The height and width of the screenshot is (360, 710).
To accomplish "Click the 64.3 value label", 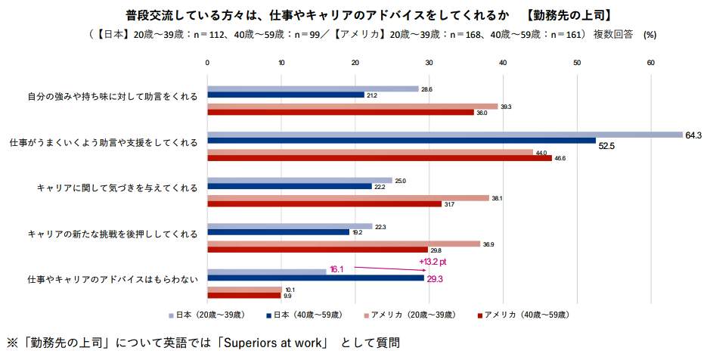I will [693, 135].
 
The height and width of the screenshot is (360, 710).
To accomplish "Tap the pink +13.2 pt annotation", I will [433, 261].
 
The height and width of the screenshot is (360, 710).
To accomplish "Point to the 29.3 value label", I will [436, 279].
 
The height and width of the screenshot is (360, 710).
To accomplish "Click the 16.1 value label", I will [337, 268].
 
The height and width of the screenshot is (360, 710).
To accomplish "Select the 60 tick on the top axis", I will [650, 64].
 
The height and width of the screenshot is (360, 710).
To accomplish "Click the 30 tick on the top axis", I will [429, 64].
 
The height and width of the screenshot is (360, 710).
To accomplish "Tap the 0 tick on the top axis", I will [207, 64].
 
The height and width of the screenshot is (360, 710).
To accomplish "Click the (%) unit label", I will [650, 35].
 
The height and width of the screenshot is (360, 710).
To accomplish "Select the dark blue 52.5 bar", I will [401, 141].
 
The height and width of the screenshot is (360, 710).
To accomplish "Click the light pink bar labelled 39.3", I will [352, 107].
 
